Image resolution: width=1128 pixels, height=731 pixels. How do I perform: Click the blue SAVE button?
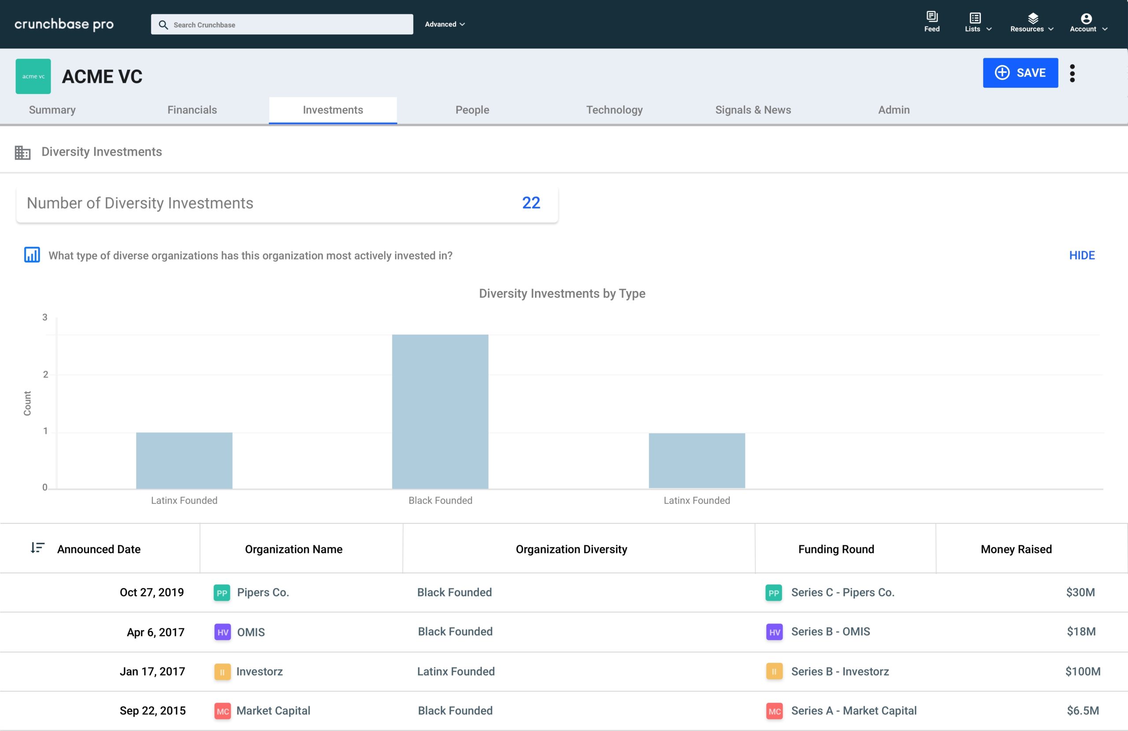pos(1020,73)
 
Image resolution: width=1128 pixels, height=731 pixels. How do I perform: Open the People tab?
pos(472,110)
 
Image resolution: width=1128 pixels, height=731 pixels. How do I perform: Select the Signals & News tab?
pos(753,110)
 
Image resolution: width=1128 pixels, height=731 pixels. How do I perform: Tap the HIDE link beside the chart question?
pos(1082,255)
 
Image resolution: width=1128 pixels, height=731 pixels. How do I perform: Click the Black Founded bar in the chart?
pos(440,412)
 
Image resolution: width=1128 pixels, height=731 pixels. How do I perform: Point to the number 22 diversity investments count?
pos(531,203)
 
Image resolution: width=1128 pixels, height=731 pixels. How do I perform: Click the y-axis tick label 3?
pos(45,317)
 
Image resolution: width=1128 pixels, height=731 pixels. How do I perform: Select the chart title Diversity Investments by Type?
pos(562,294)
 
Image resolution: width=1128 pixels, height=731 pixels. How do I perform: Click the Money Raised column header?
pos(1016,549)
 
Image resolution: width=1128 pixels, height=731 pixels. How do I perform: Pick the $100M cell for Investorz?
pos(1083,671)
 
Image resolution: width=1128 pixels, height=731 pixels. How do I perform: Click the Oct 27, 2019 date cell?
pos(152,593)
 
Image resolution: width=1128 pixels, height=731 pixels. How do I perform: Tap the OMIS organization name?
pos(251,632)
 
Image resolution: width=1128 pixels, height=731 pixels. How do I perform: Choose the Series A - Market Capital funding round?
pos(853,711)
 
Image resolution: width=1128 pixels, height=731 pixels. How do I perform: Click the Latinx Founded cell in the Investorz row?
pos(456,671)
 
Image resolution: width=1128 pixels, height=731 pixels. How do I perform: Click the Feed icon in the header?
pos(932,21)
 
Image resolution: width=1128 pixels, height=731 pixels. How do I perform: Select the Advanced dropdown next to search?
pos(445,24)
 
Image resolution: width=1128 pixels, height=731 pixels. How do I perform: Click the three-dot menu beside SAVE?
pos(1072,73)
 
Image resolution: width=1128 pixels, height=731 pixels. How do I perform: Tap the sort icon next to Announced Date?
pos(37,548)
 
